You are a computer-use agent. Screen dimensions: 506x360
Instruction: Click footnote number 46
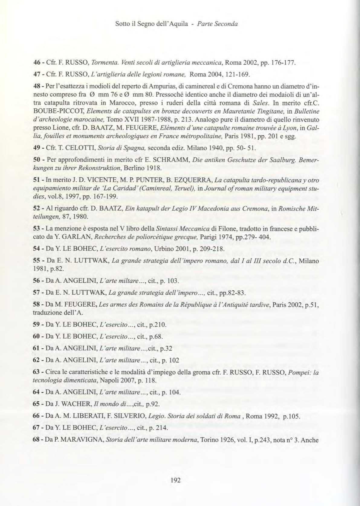(37, 63)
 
